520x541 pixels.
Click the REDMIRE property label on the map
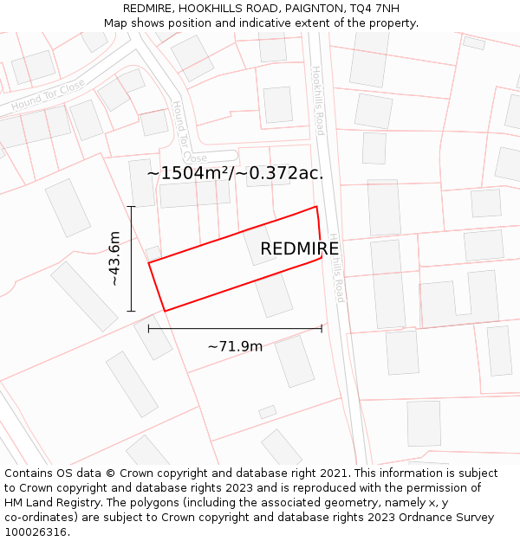[x=299, y=249]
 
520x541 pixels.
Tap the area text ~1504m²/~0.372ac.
[x=235, y=173]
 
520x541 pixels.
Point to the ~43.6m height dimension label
[x=114, y=258]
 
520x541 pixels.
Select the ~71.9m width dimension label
[x=235, y=346]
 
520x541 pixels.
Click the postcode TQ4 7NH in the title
[x=374, y=9]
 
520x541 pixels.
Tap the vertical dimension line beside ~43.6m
[x=131, y=258]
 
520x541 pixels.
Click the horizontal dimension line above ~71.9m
[x=235, y=328]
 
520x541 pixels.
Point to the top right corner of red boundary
[x=316, y=206]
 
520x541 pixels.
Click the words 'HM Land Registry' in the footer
[x=50, y=502]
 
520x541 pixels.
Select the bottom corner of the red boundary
[x=165, y=311]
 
